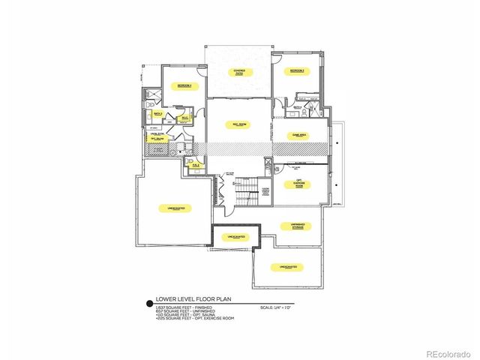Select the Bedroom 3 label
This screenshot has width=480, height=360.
pos(298,71)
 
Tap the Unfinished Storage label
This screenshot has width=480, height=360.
pos(298,225)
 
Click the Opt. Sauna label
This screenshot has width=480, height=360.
pos(157,139)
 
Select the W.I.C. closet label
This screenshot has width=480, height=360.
pos(183,118)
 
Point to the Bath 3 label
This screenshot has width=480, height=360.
pos(157,113)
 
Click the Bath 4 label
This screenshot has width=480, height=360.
pos(298,107)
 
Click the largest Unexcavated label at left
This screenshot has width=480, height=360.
pos(172,208)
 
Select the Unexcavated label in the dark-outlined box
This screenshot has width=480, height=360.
pos(235,236)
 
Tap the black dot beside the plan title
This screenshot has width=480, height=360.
pos(148,304)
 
